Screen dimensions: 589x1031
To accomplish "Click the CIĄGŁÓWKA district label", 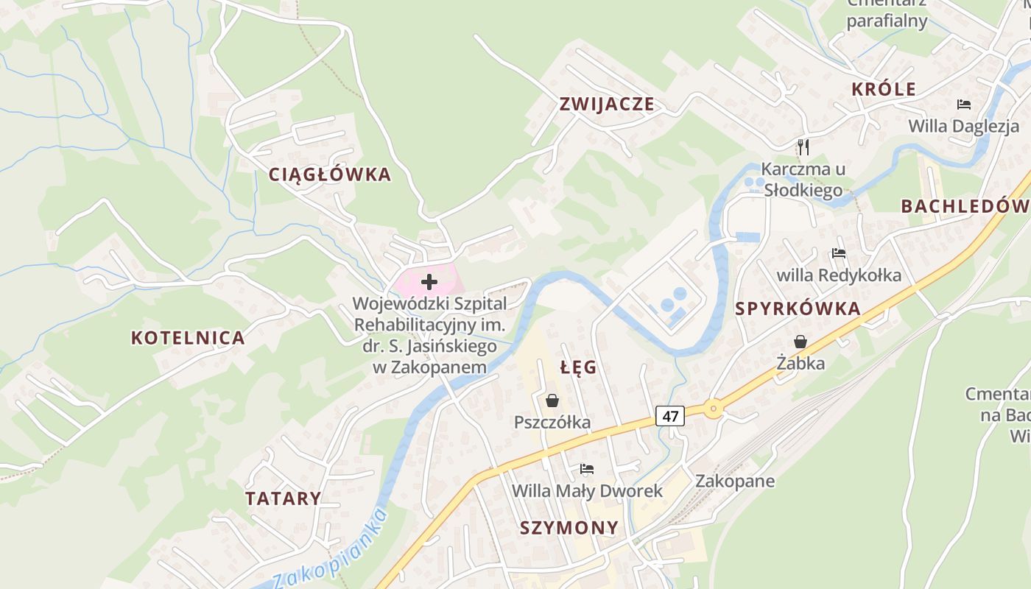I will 329,174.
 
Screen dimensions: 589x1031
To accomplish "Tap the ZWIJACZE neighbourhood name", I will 606,104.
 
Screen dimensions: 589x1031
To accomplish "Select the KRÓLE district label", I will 884,90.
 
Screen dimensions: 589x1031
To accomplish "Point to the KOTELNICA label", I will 188,338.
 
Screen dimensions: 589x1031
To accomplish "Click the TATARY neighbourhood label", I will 284,498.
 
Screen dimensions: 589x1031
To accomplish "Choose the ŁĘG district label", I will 578,367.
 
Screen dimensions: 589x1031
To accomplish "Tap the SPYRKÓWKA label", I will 798,309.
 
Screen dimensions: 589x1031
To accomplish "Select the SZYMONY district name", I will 569,528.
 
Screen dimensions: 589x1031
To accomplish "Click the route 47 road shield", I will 670,416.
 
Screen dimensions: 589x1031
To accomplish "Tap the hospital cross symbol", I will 429,281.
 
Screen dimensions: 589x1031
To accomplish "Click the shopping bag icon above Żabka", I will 800,342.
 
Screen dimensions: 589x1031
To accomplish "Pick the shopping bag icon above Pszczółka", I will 552,401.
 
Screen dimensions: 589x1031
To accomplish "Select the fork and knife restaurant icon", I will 803,147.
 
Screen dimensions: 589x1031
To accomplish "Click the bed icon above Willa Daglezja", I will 963,105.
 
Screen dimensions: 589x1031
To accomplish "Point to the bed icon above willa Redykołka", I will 838,254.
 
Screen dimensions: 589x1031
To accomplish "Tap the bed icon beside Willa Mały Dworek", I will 587,468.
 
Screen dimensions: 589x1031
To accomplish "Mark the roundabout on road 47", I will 712,409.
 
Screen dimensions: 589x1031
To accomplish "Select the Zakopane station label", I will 735,482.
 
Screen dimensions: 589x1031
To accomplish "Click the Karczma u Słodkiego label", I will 803,180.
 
